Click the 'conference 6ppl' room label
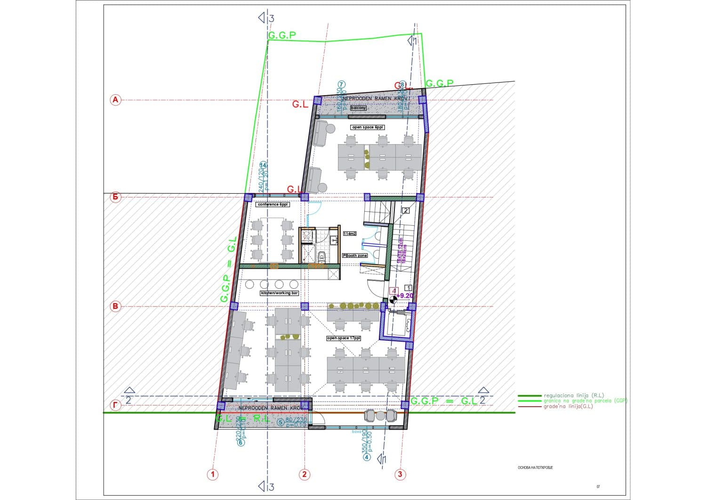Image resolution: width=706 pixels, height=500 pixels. point(273,205)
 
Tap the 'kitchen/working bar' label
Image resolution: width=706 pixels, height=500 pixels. point(280,293)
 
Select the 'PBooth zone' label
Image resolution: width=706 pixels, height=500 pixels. point(355,255)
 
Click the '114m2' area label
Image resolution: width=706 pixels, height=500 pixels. point(350,233)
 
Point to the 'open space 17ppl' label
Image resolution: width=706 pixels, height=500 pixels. point(344,338)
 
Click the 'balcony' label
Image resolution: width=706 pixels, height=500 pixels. point(359,108)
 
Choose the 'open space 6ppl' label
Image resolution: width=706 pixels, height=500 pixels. point(368,127)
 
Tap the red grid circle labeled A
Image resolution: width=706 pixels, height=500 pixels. point(115,100)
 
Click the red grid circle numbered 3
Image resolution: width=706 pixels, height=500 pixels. point(400,474)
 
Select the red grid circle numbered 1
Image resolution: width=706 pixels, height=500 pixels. point(213,474)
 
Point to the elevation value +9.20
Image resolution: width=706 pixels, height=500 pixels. point(405,296)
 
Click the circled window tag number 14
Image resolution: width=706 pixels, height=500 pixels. point(264,165)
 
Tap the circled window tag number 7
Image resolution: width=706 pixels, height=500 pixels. point(341,84)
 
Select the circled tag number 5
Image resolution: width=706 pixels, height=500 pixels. point(281,422)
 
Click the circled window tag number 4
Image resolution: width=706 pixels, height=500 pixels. point(367,457)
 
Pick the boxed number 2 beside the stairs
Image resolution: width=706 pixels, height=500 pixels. point(406,211)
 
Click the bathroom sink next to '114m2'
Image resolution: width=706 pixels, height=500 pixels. point(334,241)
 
